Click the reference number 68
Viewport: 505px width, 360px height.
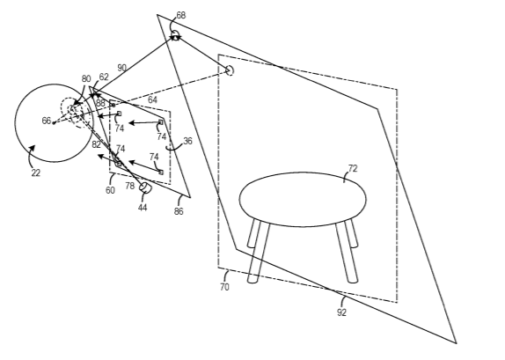[x=181, y=15]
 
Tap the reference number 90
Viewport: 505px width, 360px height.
[x=121, y=68]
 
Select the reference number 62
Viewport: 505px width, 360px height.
[x=104, y=77]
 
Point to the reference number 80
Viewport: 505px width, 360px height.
[x=86, y=79]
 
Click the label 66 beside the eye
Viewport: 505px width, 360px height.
[x=47, y=121]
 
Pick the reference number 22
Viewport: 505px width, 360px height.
[x=36, y=173]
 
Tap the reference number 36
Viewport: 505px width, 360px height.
[x=187, y=141]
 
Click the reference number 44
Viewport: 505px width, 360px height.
[x=143, y=208]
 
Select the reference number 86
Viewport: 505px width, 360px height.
[x=179, y=211]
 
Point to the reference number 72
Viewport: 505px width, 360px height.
[x=353, y=169]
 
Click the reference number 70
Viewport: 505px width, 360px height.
[x=224, y=287]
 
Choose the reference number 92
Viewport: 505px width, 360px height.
[x=341, y=312]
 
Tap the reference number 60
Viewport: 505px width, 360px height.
[x=110, y=190]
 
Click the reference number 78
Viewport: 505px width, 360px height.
[x=129, y=186]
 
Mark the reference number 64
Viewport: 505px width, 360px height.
[x=152, y=100]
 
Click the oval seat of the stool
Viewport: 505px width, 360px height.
[x=303, y=200]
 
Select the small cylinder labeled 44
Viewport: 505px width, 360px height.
[x=145, y=187]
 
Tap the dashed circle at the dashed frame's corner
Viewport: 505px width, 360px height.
[x=230, y=70]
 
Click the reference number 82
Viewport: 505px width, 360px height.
[x=96, y=144]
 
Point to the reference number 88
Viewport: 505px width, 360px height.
[x=100, y=104]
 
